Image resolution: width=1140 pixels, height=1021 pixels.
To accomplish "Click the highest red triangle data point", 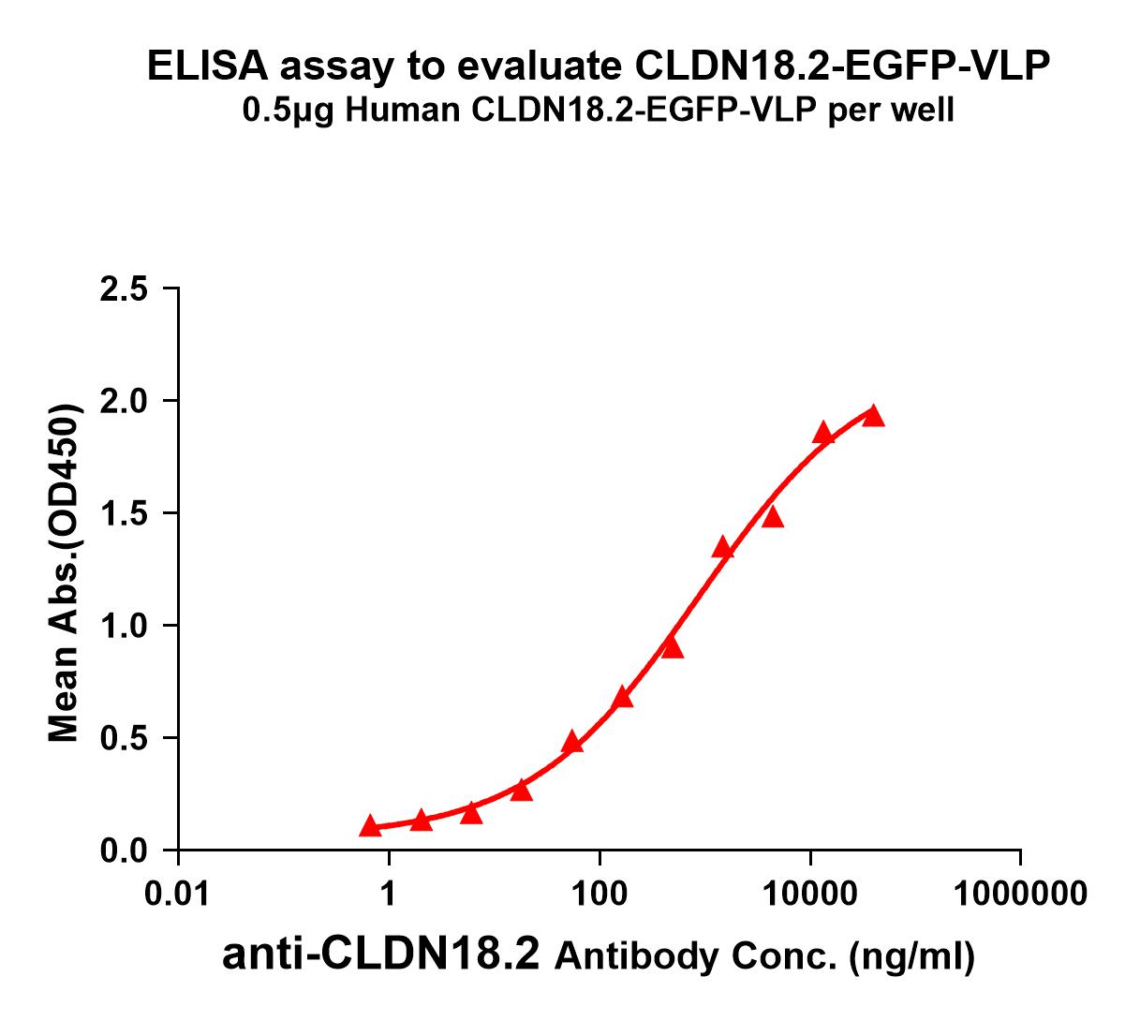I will point(873,416).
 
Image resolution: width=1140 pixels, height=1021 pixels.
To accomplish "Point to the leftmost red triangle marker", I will point(370,826).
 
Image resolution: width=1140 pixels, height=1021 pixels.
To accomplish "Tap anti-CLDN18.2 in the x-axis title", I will point(381,955).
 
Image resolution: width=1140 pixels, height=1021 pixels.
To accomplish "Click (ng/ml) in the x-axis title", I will point(911,957).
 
